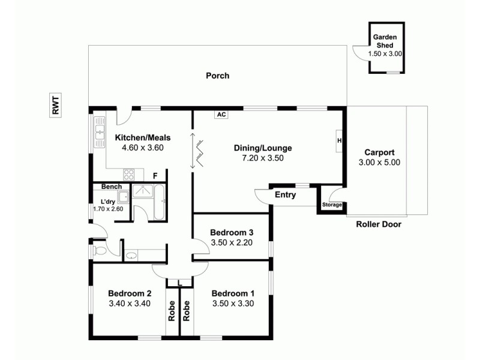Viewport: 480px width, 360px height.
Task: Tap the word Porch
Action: (x=217, y=76)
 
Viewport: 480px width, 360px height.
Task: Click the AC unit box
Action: (x=221, y=115)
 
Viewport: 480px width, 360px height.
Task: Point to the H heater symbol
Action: (x=339, y=141)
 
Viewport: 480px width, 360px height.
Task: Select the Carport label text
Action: (x=379, y=152)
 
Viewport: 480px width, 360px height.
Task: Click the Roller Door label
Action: (x=379, y=224)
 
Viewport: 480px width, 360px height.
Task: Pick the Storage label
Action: (x=332, y=205)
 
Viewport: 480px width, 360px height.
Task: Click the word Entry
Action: (x=286, y=195)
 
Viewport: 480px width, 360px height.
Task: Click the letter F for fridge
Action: (x=155, y=176)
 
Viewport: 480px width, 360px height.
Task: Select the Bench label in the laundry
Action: (x=111, y=187)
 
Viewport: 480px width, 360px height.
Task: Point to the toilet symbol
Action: (x=100, y=251)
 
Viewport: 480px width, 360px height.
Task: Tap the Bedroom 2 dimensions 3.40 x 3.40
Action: (x=130, y=304)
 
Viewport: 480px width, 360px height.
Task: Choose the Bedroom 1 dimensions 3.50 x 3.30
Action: (x=233, y=304)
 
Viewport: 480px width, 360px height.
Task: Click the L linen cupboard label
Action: (x=179, y=283)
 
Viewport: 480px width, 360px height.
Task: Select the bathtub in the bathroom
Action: (x=160, y=203)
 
